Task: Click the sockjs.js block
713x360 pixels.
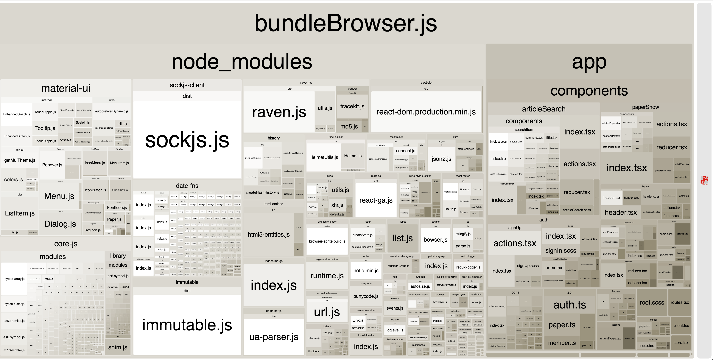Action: (x=187, y=140)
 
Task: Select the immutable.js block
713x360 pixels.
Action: (x=187, y=325)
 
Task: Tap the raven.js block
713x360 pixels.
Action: (x=279, y=112)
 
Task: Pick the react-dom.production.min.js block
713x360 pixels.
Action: (x=426, y=112)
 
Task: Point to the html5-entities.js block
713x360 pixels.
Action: (x=268, y=234)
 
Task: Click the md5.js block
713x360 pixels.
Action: (x=349, y=126)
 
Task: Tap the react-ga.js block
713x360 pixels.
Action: (x=376, y=200)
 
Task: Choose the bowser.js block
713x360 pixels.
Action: (x=435, y=240)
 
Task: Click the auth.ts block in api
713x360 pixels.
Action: (x=570, y=305)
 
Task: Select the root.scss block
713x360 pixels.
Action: (x=652, y=302)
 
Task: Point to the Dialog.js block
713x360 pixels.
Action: (x=60, y=224)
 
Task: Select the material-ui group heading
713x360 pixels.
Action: (x=66, y=88)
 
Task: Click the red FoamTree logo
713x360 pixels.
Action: (x=704, y=180)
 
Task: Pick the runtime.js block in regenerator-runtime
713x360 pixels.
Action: (x=327, y=276)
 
